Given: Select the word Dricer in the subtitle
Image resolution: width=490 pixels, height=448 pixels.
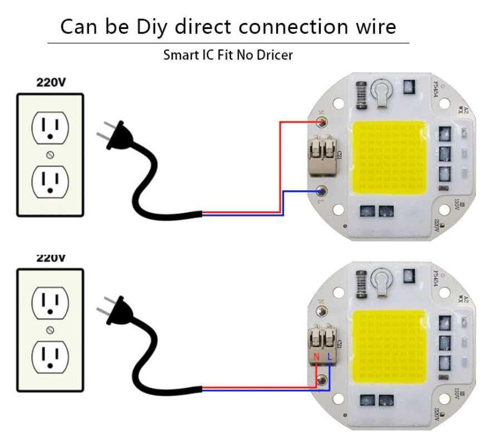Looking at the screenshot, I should (x=275, y=55).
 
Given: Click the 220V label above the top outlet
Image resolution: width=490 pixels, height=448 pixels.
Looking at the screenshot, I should (x=51, y=83).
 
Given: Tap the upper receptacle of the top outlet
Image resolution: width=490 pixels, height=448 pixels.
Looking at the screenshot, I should (x=50, y=127).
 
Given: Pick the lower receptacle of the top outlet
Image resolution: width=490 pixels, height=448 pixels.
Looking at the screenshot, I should (x=50, y=182).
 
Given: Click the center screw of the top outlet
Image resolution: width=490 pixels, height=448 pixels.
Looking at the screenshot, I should (x=50, y=154).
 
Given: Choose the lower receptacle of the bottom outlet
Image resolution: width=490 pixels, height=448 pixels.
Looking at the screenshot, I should (x=50, y=356).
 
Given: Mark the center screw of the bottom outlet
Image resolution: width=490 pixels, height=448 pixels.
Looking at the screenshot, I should (x=50, y=329).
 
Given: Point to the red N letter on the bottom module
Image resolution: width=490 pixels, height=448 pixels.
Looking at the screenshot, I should (x=317, y=356).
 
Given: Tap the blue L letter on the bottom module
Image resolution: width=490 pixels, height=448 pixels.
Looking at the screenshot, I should (x=330, y=356).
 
